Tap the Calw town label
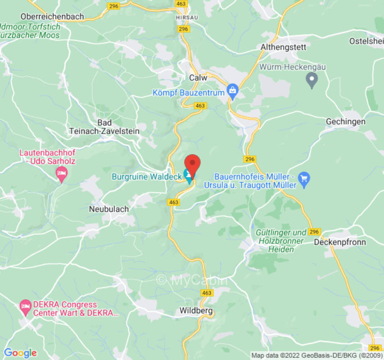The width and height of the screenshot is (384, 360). (x=198, y=77)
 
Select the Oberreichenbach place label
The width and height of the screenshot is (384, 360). (x=52, y=17)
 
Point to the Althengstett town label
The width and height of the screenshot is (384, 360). (x=283, y=47)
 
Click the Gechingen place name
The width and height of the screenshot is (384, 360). (x=345, y=122)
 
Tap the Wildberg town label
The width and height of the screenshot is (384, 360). (x=196, y=310)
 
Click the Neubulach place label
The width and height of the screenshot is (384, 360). (x=109, y=209)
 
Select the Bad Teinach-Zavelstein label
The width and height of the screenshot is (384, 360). (x=104, y=127)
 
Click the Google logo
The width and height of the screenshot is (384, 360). (x=20, y=353)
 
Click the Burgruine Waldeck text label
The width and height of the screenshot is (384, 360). (x=146, y=176)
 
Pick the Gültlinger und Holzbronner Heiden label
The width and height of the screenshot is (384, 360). (x=281, y=241)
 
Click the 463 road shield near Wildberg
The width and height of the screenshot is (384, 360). (x=207, y=293)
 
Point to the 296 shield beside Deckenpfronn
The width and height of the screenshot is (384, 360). (x=314, y=232)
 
